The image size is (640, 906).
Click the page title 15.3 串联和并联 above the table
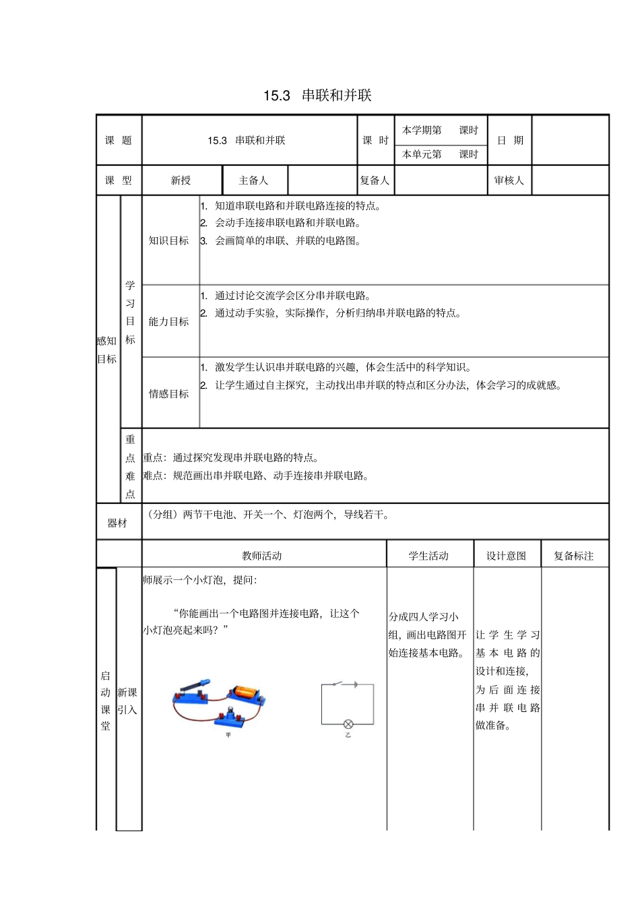[317, 95]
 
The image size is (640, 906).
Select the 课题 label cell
[119, 140]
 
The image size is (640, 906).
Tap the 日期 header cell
[510, 140]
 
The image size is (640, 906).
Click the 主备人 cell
[253, 181]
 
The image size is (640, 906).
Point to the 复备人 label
[375, 181]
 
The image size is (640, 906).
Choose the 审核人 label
[509, 181]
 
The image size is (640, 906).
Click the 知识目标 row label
[168, 240]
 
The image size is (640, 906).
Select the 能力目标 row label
[168, 321]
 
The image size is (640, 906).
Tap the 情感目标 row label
[168, 393]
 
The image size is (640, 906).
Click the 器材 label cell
[117, 523]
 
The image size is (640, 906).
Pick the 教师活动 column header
[262, 556]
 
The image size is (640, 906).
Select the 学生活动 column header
[428, 556]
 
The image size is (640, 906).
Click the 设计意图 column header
[506, 556]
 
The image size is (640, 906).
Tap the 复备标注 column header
[574, 556]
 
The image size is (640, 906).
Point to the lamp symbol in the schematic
[348, 724]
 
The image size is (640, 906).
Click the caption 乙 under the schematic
[348, 735]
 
